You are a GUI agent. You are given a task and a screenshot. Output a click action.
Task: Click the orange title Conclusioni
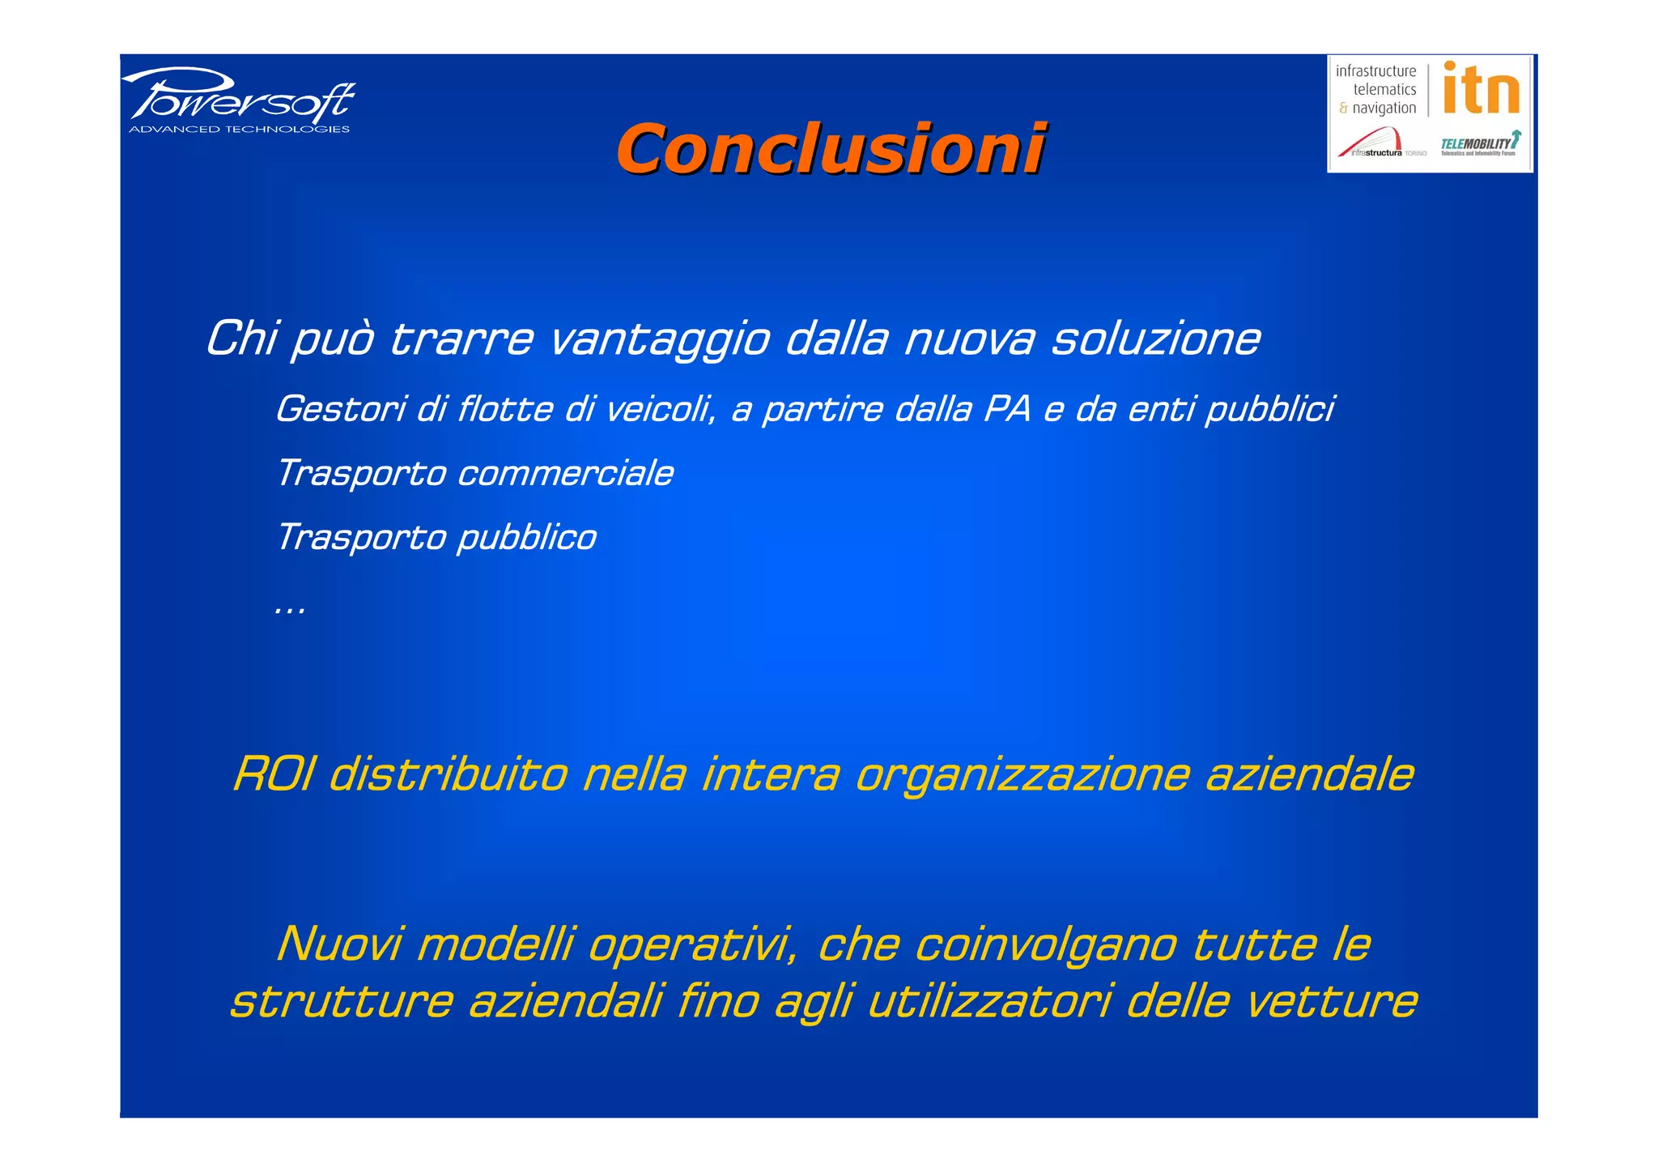pos(831,149)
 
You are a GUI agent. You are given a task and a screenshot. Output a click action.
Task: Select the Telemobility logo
pos(1479,143)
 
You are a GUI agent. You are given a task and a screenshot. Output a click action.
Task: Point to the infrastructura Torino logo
pos(1381,144)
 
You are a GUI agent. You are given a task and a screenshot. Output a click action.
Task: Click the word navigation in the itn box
pos(1384,109)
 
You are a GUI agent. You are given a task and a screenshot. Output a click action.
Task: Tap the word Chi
pos(241,338)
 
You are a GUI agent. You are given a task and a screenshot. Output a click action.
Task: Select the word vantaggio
pos(659,339)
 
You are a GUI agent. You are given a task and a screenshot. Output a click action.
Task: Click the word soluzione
pos(1155,338)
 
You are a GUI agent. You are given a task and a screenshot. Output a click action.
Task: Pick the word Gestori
pos(341,409)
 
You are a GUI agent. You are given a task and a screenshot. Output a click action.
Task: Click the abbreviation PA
pos(1008,409)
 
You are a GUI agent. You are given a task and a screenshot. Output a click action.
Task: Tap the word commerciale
pos(565,474)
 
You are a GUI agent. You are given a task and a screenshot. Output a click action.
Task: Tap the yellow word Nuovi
pos(339,944)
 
